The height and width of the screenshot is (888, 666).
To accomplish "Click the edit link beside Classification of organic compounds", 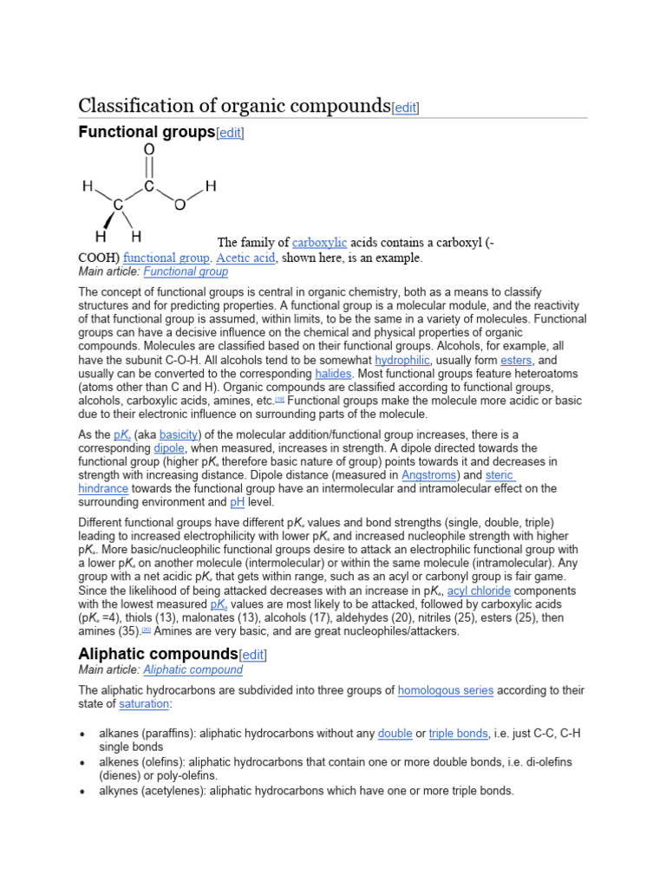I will [x=406, y=108].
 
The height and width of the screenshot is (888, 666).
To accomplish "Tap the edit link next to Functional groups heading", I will [x=230, y=133].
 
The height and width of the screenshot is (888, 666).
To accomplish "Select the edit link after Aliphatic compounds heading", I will [x=254, y=654].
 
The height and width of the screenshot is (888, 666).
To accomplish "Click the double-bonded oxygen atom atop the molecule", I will [x=149, y=150].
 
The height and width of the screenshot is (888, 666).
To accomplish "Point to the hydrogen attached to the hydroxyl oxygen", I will [x=211, y=186].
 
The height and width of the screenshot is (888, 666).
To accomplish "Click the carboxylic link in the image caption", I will [x=319, y=242].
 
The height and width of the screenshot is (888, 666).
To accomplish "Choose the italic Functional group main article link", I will [x=186, y=271].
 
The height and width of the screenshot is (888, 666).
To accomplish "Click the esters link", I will [x=516, y=360].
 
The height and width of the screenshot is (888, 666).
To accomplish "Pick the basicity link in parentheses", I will [x=179, y=434].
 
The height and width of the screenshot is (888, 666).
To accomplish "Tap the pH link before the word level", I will [x=237, y=502].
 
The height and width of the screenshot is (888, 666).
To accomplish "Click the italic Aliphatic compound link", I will [x=193, y=669].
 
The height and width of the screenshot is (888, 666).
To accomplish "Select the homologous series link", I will [x=446, y=690].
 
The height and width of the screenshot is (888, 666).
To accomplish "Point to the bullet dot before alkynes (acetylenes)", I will [x=82, y=791].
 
